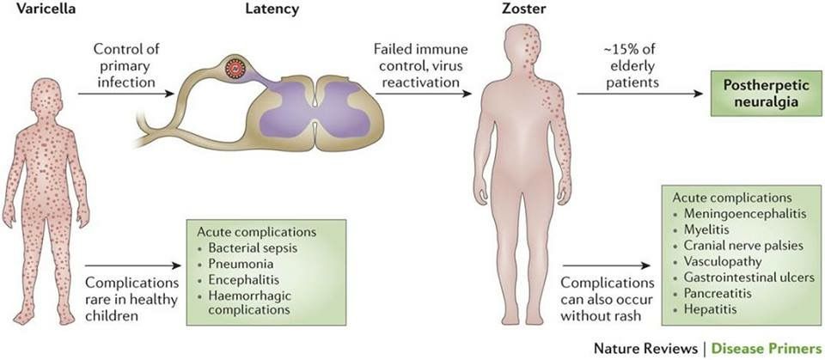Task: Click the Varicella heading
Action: (x=39, y=9)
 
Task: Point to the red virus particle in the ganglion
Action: (x=235, y=68)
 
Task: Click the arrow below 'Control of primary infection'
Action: (x=125, y=94)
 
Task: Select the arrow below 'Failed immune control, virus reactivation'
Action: (x=424, y=94)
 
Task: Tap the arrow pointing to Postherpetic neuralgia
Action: (x=639, y=94)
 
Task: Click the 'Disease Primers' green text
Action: (x=766, y=349)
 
